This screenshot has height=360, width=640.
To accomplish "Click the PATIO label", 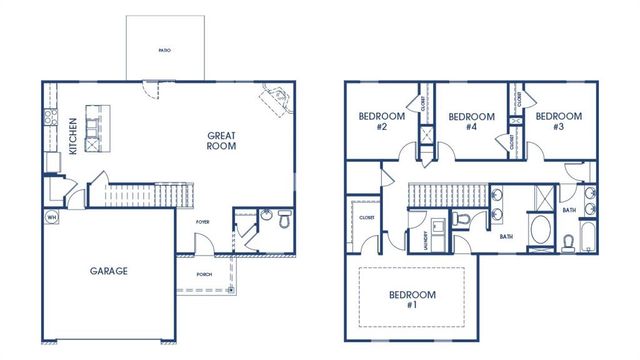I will [x=164, y=48].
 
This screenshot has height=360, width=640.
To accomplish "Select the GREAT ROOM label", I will [x=221, y=142].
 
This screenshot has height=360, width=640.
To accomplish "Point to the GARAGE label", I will [x=109, y=270].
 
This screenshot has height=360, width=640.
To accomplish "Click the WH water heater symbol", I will [x=51, y=216].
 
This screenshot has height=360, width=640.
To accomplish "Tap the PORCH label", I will [x=203, y=273].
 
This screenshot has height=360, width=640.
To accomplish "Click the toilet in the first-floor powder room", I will [x=283, y=217].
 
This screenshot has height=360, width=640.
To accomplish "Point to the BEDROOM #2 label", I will [x=381, y=121].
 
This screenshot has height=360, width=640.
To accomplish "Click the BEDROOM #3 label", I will [x=558, y=121].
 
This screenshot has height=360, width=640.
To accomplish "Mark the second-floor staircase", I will [x=446, y=194].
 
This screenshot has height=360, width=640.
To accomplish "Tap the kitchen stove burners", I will [x=47, y=120].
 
